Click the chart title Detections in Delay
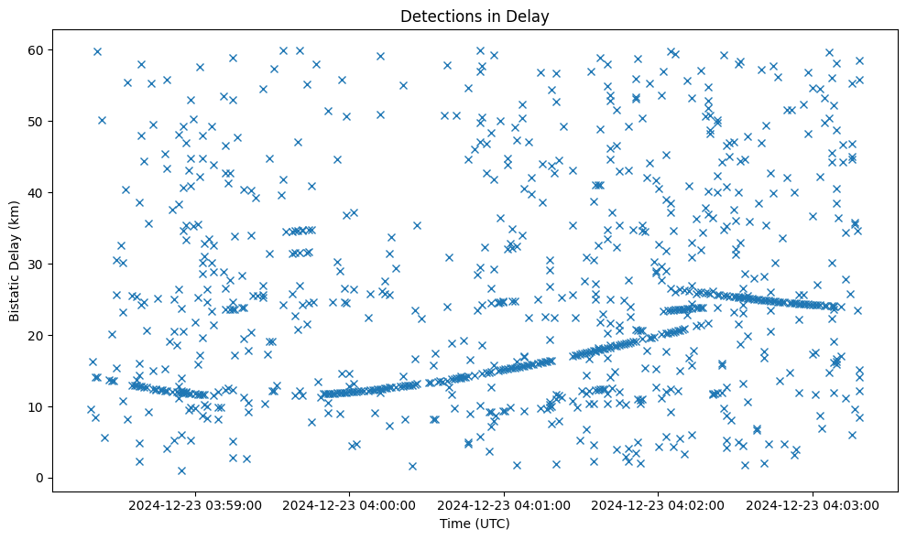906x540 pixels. coord(475,16)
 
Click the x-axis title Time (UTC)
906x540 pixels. coord(475,524)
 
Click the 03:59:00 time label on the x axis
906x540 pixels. coord(195,504)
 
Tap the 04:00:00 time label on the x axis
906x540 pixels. coord(350,504)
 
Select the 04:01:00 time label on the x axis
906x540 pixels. coord(504,504)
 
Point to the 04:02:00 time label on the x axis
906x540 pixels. coord(658,504)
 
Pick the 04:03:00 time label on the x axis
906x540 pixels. coord(813,504)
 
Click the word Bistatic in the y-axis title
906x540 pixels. coord(15,295)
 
